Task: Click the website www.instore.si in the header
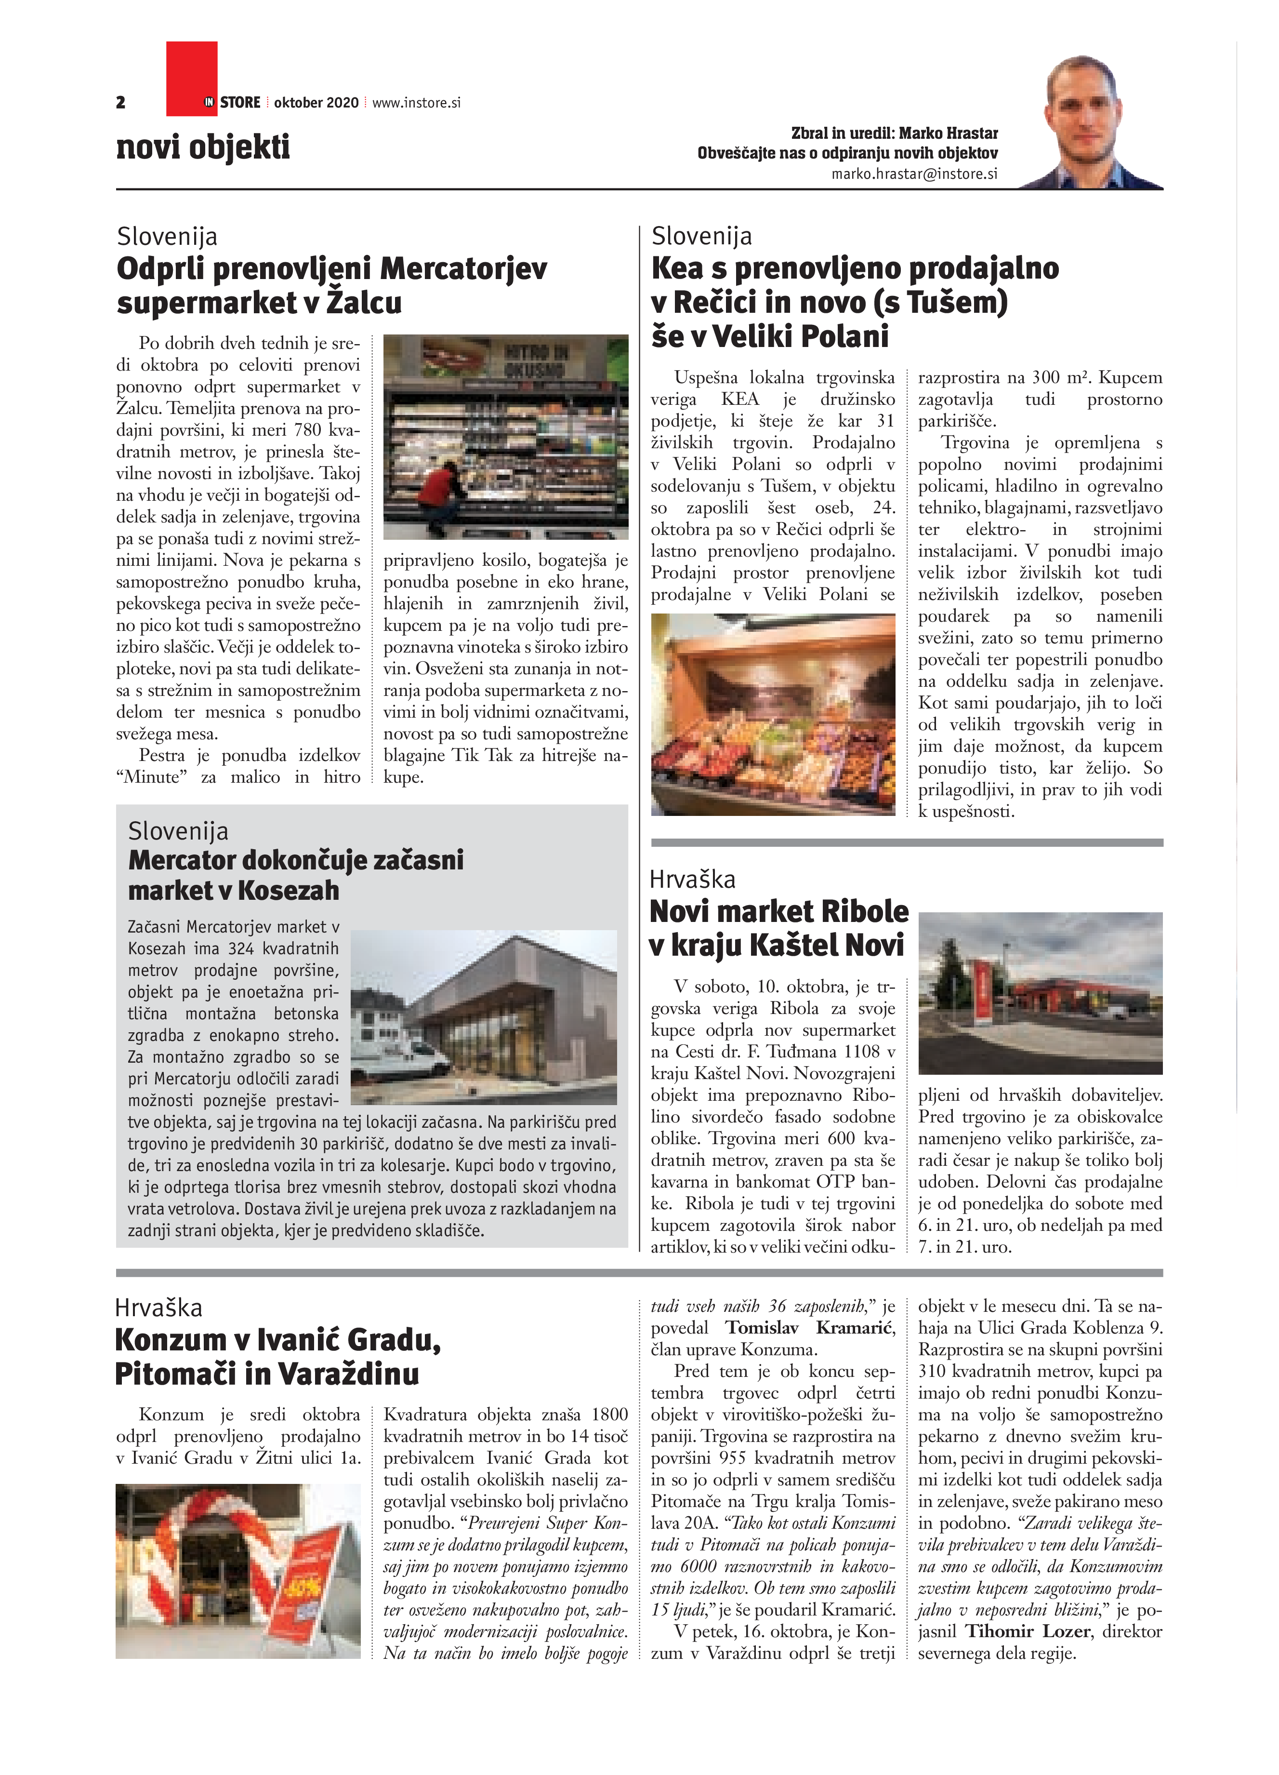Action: pyautogui.click(x=416, y=103)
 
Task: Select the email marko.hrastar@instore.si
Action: pyautogui.click(x=914, y=174)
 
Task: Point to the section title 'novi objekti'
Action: pyautogui.click(x=203, y=147)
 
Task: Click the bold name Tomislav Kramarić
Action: pyautogui.click(x=810, y=1327)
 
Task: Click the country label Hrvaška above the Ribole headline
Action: pyautogui.click(x=692, y=880)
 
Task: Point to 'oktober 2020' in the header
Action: pyautogui.click(x=316, y=103)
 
